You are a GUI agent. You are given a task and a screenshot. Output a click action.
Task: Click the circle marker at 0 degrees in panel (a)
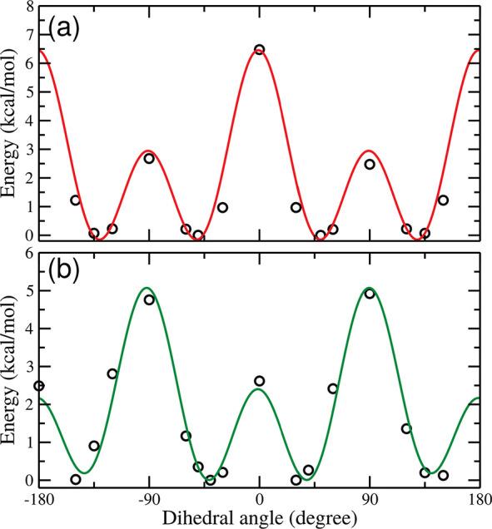tap(259, 50)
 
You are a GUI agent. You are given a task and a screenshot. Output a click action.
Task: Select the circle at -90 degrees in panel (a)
tap(149, 158)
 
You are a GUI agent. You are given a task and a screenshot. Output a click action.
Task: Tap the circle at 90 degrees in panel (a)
tap(370, 164)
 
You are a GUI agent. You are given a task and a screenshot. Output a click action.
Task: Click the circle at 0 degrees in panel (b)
tap(259, 381)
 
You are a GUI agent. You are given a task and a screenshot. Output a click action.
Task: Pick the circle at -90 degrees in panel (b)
tap(149, 299)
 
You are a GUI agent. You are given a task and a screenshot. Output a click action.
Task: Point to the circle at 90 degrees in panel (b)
tap(370, 294)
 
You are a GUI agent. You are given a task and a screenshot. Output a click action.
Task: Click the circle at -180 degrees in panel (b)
tap(38, 386)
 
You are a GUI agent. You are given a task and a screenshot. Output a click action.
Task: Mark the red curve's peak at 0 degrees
tap(259, 47)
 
